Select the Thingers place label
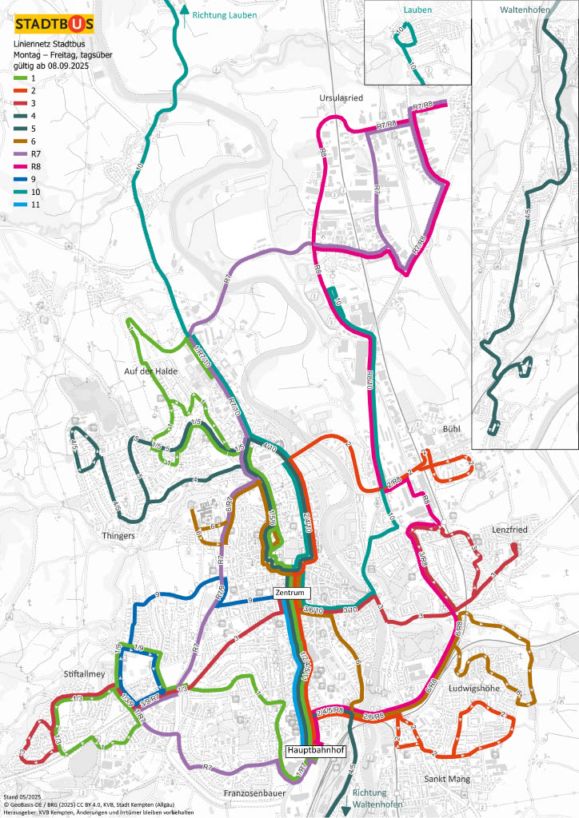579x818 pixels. point(118,535)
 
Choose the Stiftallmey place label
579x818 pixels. point(84,674)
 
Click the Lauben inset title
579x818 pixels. point(417,10)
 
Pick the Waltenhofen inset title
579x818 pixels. point(525,10)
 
